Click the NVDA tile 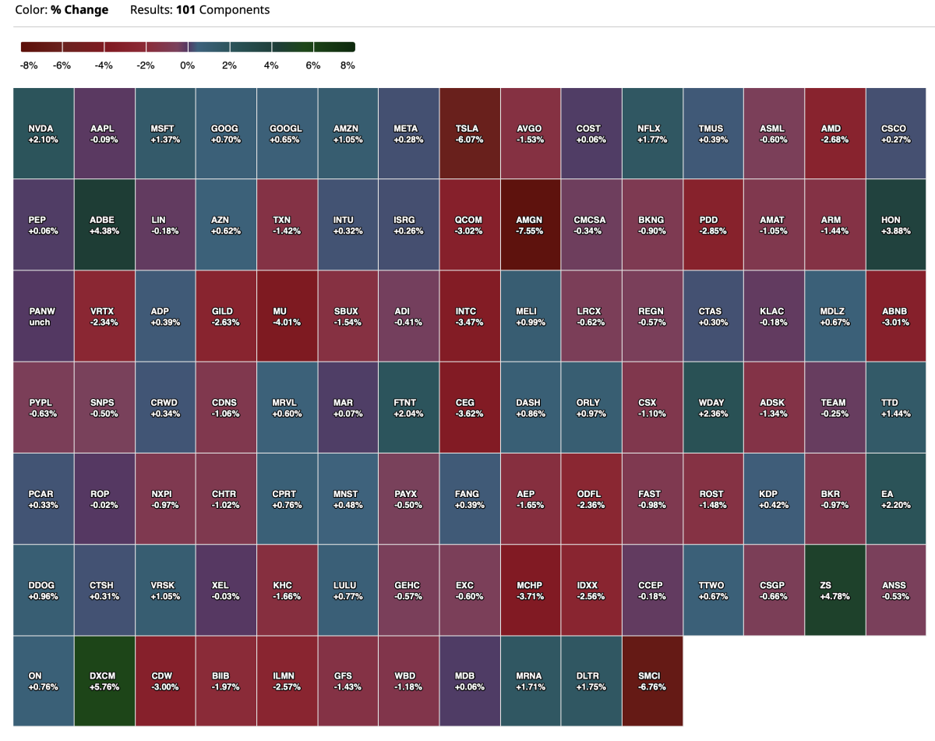click(x=44, y=133)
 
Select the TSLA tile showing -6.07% click(x=470, y=133)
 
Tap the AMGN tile click(x=531, y=224)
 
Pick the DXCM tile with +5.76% click(x=104, y=681)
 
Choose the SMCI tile click(x=652, y=681)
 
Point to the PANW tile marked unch click(x=44, y=316)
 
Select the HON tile click(x=895, y=224)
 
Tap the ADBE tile click(x=104, y=224)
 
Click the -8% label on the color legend click(x=29, y=65)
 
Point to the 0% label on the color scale click(x=187, y=65)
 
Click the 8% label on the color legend click(x=348, y=65)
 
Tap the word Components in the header click(x=233, y=10)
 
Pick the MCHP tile click(x=531, y=590)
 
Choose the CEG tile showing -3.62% click(x=470, y=407)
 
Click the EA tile click(x=895, y=499)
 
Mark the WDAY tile click(x=713, y=407)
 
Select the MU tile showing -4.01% click(x=288, y=316)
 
